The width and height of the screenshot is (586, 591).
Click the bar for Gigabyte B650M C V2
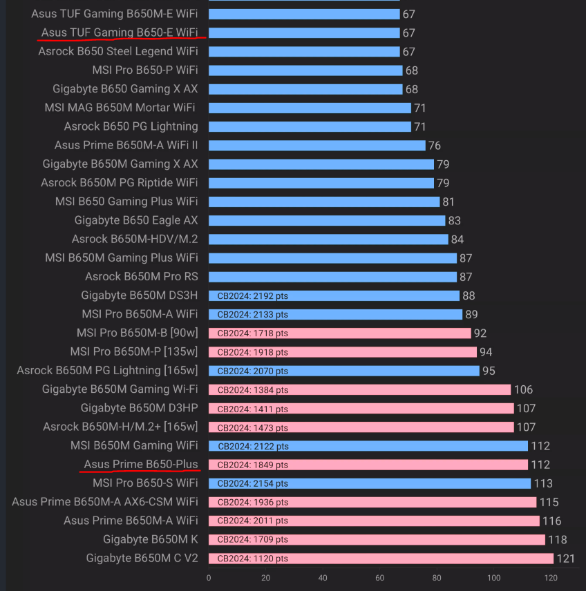coord(381,558)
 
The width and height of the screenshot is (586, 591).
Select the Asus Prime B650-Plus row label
coord(141,464)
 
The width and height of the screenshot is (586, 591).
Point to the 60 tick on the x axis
coord(379,577)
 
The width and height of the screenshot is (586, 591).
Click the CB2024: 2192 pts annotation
coord(253,295)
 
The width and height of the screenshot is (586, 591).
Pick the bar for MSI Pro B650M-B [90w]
coord(339,333)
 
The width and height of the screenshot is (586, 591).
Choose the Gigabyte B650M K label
coord(151,539)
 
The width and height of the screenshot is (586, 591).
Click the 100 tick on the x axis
coord(493,577)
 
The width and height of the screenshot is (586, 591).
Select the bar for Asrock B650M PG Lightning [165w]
coord(343,371)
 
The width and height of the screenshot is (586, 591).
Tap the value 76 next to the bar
coord(434,145)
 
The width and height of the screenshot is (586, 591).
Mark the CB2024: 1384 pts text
coord(253,389)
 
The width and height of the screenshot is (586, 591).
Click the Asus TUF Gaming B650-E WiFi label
coord(120,32)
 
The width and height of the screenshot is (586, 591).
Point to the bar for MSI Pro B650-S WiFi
coord(369,483)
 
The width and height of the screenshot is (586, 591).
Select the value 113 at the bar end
coord(544,483)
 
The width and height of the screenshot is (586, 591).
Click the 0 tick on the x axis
coord(209,577)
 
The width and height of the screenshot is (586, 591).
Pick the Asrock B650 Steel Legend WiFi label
coord(118,51)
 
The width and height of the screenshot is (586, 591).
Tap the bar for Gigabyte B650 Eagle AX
coord(327,220)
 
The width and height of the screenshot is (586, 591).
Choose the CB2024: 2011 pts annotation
coord(253,521)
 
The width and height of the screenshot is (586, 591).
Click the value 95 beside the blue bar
coord(489,371)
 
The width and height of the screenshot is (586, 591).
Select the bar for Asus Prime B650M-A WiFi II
coord(316,145)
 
